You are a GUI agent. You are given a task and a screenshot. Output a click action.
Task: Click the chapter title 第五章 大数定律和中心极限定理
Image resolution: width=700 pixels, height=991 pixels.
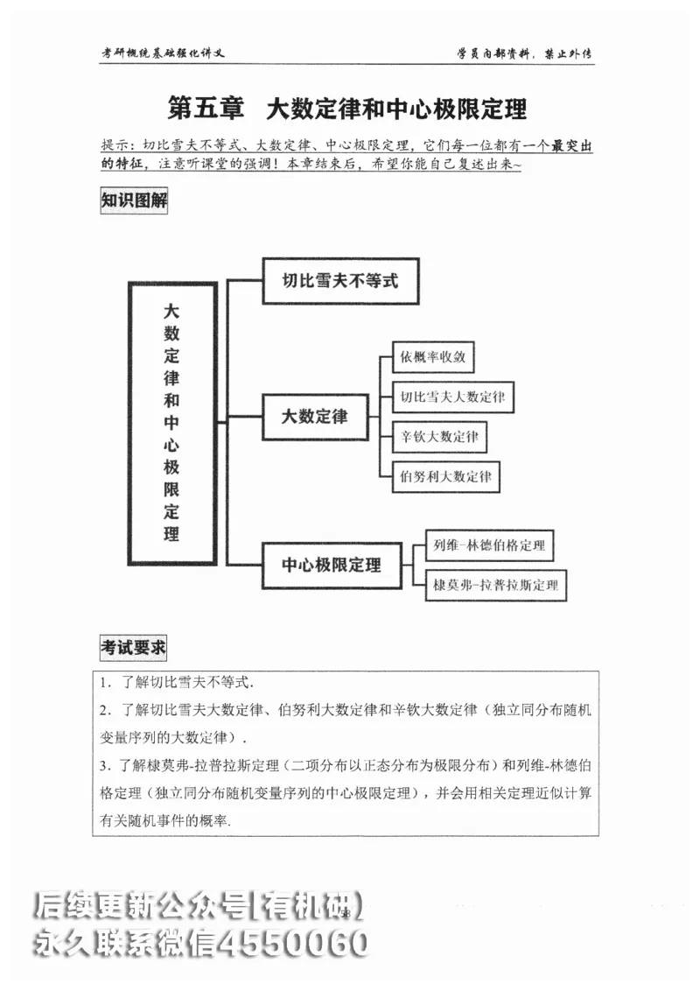click(347, 109)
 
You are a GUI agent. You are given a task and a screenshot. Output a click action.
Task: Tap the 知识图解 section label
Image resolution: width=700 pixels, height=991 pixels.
click(133, 200)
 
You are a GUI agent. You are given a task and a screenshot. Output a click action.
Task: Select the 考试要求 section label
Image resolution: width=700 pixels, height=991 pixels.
click(133, 649)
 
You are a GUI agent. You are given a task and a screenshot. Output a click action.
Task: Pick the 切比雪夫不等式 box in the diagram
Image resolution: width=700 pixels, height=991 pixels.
click(340, 281)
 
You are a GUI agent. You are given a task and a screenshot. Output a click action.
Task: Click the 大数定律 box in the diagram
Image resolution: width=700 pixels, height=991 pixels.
click(314, 417)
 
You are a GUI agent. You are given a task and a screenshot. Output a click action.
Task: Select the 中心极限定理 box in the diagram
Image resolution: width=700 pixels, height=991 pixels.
click(332, 565)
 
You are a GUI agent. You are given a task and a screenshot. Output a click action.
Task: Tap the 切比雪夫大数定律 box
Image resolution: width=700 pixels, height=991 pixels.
click(452, 397)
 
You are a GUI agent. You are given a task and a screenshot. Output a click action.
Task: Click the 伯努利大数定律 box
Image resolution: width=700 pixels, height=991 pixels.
click(445, 476)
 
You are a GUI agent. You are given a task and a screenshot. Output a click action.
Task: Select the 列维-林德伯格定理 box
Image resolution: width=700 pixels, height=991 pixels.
click(489, 545)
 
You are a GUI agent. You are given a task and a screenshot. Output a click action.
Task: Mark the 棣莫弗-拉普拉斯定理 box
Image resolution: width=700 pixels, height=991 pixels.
click(495, 585)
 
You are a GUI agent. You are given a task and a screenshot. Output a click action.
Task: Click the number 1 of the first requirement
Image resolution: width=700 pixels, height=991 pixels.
click(103, 681)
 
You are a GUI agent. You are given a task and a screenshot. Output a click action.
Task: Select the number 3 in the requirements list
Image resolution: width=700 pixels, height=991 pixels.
click(103, 766)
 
